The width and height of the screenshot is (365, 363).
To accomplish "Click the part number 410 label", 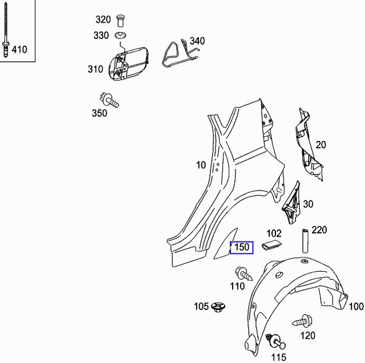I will pos(19,50).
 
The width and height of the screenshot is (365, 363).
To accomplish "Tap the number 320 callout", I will pos(103,19).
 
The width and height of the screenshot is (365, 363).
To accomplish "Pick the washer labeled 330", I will pos(121,36).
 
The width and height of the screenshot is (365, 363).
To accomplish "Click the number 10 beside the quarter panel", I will pos(201,166).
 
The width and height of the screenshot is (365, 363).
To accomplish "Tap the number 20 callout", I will pos(321,145).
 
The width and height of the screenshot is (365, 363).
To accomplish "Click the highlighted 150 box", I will pos(241,248).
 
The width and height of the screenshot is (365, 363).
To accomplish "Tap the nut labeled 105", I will pos(217,307).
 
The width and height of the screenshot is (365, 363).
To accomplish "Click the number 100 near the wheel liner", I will pos(356,306).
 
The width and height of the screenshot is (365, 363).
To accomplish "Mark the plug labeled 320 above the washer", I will pos(121,21).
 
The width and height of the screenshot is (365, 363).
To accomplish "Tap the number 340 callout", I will pos(197,41).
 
